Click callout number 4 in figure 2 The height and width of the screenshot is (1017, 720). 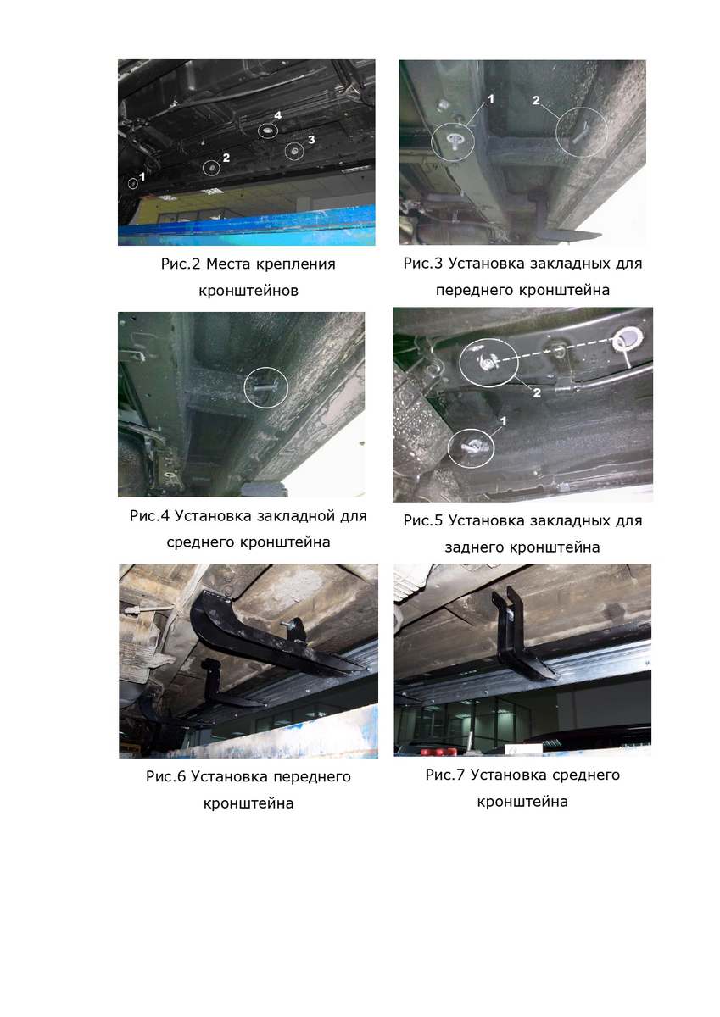pyautogui.click(x=277, y=115)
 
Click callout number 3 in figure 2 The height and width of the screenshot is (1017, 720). pyautogui.click(x=311, y=139)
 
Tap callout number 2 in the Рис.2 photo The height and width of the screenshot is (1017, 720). pyautogui.click(x=226, y=158)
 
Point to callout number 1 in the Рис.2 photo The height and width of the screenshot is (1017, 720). pyautogui.click(x=142, y=176)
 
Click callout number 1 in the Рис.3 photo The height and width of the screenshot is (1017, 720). pyautogui.click(x=490, y=98)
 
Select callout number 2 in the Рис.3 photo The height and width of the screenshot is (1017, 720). pyautogui.click(x=536, y=100)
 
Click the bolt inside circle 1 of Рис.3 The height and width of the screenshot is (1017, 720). pyautogui.click(x=454, y=140)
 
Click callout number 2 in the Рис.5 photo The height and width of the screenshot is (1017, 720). pyautogui.click(x=537, y=392)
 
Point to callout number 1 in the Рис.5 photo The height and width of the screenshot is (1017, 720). pyautogui.click(x=503, y=421)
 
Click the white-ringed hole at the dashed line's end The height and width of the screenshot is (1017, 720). pyautogui.click(x=628, y=339)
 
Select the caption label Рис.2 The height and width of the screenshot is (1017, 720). pyautogui.click(x=181, y=264)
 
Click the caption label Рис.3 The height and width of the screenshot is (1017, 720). pyautogui.click(x=423, y=264)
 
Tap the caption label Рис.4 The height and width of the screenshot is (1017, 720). pyautogui.click(x=149, y=516)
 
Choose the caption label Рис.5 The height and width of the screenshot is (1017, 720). pyautogui.click(x=423, y=520)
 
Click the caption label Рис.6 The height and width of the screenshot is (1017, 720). pyautogui.click(x=166, y=777)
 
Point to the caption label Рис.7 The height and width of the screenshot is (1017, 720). pyautogui.click(x=445, y=775)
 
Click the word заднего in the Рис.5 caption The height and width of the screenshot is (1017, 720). pyautogui.click(x=475, y=548)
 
